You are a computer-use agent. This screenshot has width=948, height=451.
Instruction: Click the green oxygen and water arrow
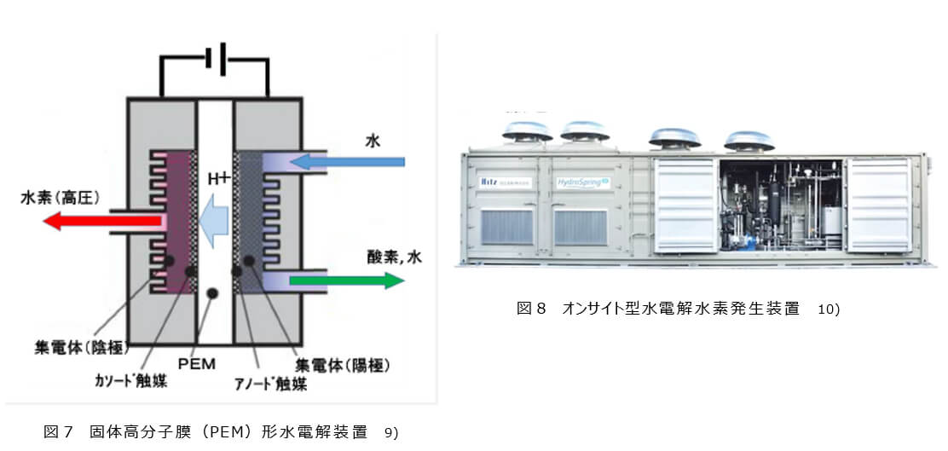point(345,280)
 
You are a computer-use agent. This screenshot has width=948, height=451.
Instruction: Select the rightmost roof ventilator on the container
point(749,138)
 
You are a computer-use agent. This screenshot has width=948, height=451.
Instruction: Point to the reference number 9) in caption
point(391,432)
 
